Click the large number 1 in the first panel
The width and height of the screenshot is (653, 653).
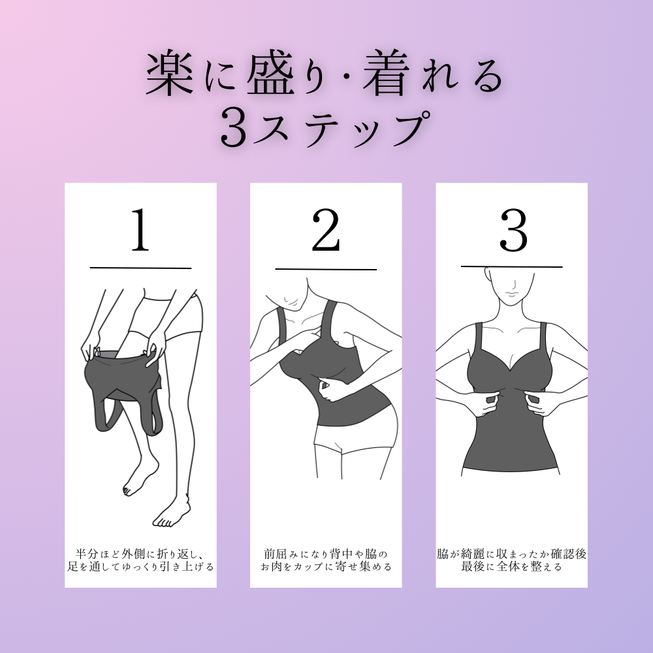tap(141, 230)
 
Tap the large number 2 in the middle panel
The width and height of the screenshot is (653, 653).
tap(326, 230)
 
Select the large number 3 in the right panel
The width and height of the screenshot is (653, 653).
tap(513, 231)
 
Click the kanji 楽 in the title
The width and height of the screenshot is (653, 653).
tap(170, 74)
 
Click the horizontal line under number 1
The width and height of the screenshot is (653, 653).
tap(141, 268)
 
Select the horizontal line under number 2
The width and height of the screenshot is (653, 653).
tap(326, 270)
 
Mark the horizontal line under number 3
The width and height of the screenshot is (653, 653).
tap(512, 266)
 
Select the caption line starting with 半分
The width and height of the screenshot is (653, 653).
tap(141, 554)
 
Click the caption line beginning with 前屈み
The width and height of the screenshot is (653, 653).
tap(326, 554)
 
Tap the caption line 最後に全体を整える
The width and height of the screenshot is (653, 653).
tap(512, 567)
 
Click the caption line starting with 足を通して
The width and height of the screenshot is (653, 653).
tap(141, 567)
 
